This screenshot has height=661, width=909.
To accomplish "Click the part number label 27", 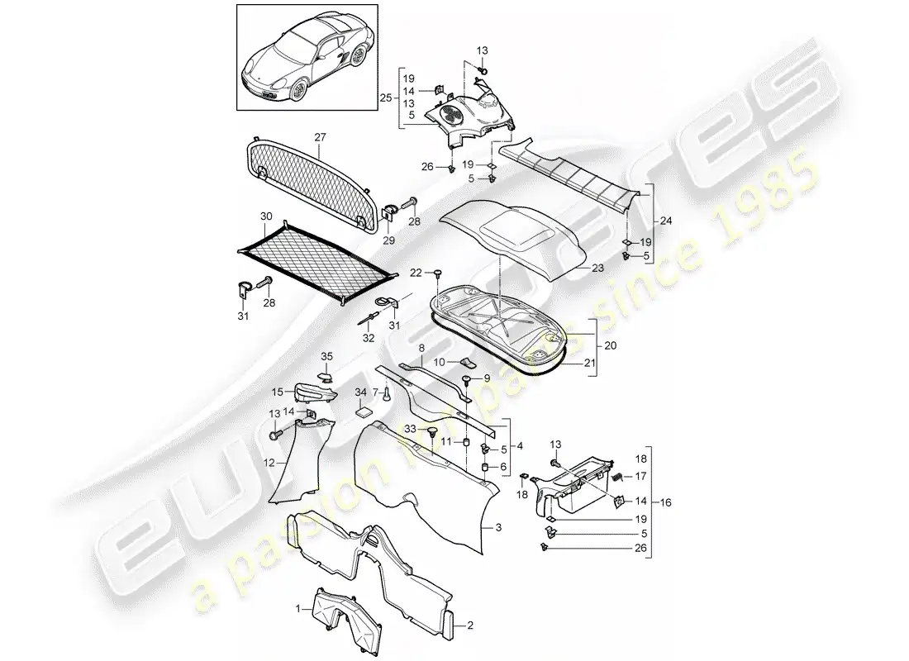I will click(x=320, y=136).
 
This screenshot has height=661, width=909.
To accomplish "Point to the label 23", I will click(x=597, y=269).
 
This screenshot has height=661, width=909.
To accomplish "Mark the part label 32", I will click(x=368, y=337).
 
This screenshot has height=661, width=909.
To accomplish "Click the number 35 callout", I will click(x=326, y=357).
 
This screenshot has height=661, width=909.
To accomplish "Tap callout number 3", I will click(x=498, y=526).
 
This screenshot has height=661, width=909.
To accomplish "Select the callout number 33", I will click(x=409, y=428).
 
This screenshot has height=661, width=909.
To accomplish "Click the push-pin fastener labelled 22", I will click(x=438, y=273).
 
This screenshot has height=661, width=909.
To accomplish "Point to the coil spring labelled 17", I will click(x=616, y=477).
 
